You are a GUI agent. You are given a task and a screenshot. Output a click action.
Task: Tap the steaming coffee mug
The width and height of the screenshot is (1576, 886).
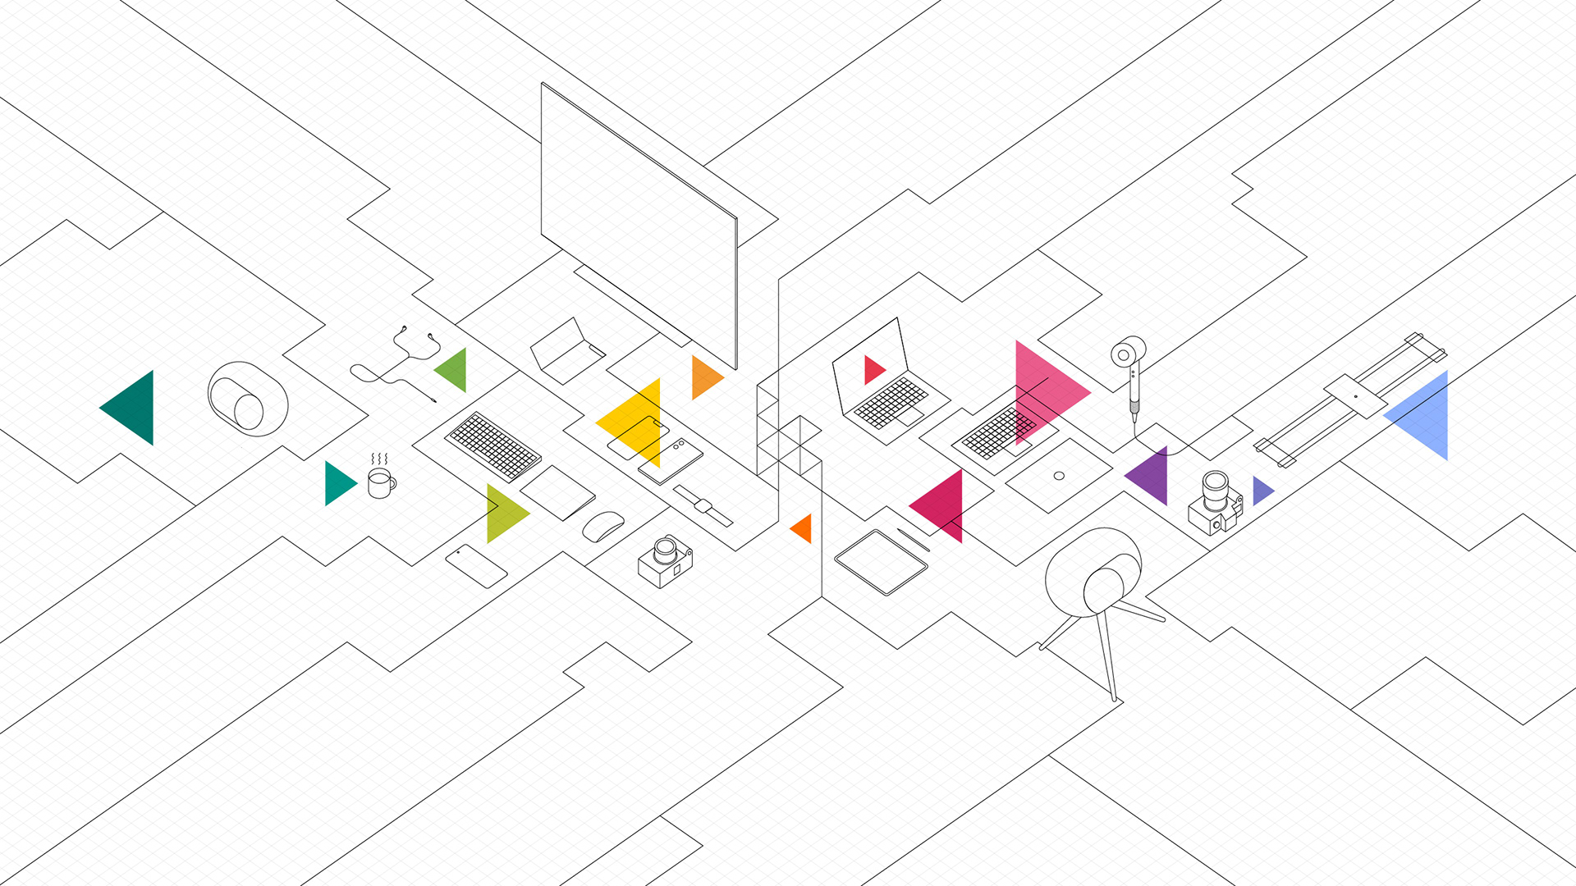pos(379,483)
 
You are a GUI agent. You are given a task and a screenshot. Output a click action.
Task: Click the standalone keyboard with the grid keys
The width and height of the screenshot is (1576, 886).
pos(492,446)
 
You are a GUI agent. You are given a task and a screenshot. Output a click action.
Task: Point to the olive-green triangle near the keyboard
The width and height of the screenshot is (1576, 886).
pos(503,514)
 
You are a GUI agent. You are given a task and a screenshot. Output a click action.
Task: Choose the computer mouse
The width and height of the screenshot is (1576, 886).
pos(602,526)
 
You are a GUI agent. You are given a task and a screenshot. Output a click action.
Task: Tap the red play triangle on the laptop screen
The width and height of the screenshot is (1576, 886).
pos(873,370)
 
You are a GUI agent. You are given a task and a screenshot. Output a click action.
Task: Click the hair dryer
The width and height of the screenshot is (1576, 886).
pos(1131,369)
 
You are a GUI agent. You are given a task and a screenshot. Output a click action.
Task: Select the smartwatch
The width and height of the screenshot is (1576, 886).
pos(703,505)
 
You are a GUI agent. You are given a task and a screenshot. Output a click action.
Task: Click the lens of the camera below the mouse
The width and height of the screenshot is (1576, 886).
pos(665,550)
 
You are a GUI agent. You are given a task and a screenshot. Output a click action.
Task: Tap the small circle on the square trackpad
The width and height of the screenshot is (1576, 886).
pos(1059,476)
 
